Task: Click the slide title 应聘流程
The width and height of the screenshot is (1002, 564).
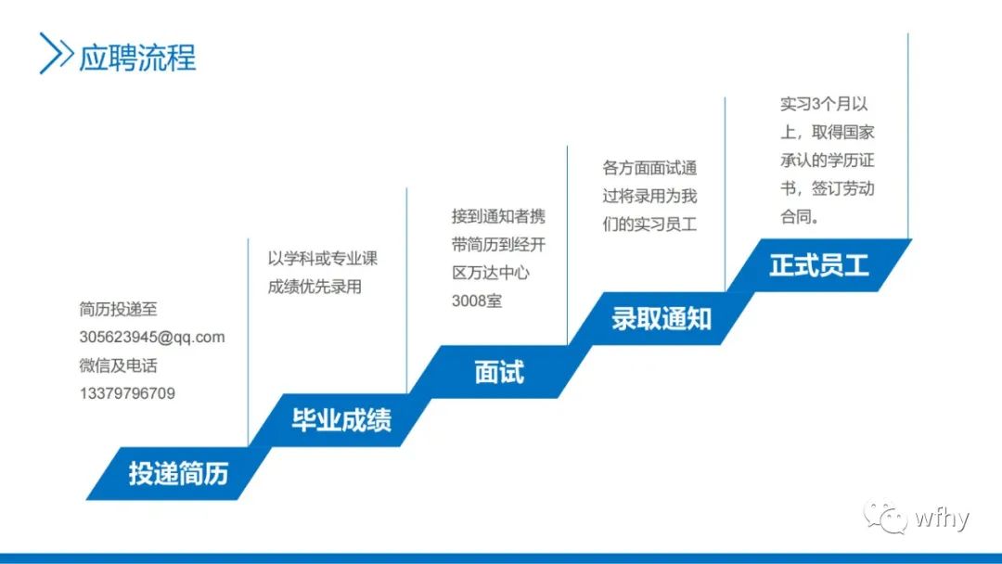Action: click(x=137, y=57)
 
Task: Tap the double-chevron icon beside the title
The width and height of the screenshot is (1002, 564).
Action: click(x=56, y=54)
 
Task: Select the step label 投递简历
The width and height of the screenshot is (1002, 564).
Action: click(x=178, y=473)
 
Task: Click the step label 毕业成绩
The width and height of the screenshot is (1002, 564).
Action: click(x=341, y=420)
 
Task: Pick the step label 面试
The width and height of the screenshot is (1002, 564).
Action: click(x=499, y=372)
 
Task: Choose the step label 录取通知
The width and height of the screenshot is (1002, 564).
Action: click(x=661, y=319)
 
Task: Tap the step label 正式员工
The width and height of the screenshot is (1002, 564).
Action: click(x=818, y=265)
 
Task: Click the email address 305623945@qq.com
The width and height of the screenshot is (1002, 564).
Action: click(x=152, y=338)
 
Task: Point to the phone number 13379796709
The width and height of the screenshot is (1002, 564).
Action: click(x=127, y=393)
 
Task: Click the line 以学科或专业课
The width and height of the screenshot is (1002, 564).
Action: click(x=323, y=259)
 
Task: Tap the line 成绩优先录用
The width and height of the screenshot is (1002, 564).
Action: click(x=315, y=287)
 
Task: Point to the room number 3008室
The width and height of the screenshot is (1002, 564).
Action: click(x=476, y=301)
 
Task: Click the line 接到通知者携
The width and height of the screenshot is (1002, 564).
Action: click(x=498, y=217)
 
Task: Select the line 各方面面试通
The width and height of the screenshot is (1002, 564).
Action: click(x=649, y=169)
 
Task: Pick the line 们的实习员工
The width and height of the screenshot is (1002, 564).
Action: click(x=649, y=224)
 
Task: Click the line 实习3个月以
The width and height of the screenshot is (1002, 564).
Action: click(x=825, y=105)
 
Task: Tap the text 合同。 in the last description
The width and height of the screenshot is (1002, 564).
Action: click(x=799, y=216)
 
